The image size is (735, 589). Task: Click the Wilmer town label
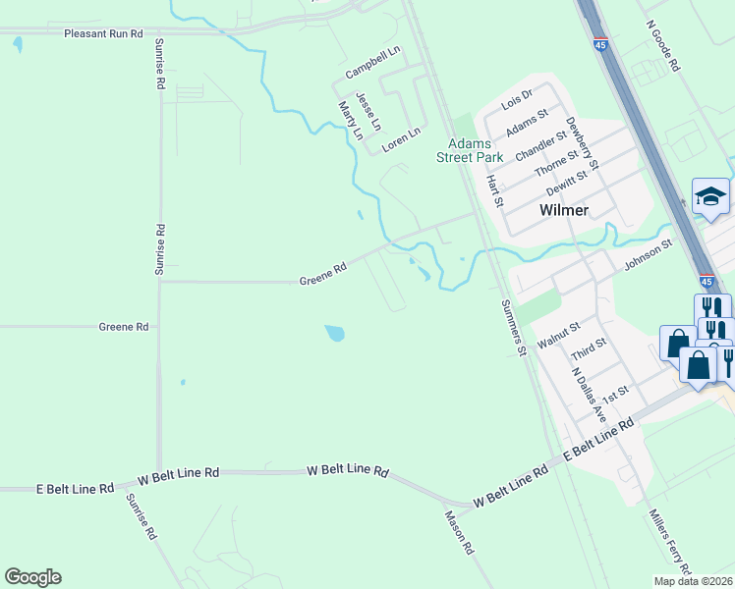coord(564,210)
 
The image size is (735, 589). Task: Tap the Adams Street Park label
coord(470,150)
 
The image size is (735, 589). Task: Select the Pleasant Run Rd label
coord(103,32)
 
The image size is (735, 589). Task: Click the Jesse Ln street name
coord(366,112)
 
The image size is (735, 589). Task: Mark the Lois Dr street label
coord(516,99)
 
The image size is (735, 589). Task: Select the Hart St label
coord(495,190)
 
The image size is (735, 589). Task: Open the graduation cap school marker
coord(710,196)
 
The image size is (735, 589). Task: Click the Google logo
coord(32,577)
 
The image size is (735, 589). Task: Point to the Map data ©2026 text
coord(694,581)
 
